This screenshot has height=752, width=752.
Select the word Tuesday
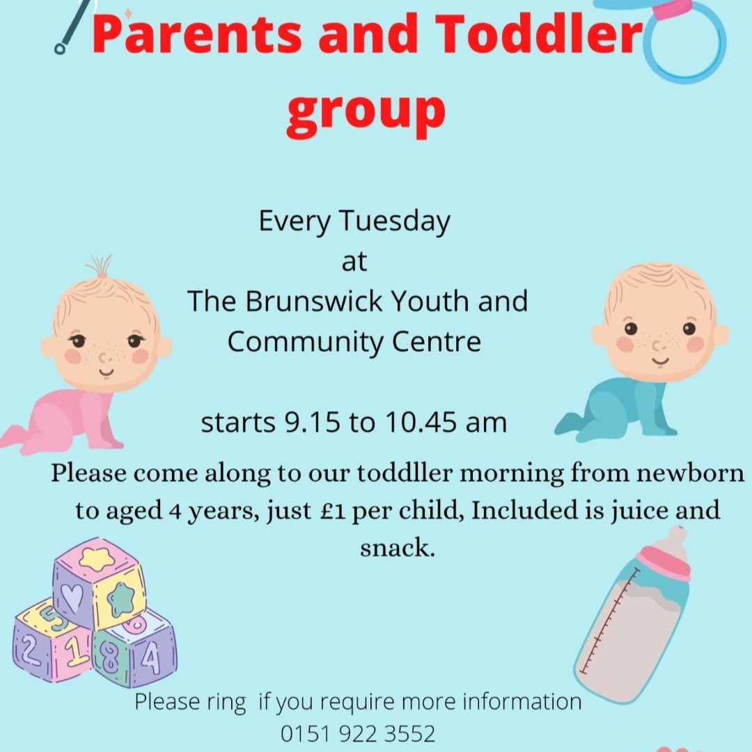[395, 221]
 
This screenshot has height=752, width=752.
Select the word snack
[398, 547]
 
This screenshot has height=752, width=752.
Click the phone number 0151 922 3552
[358, 733]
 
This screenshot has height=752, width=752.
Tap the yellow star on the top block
[96, 557]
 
